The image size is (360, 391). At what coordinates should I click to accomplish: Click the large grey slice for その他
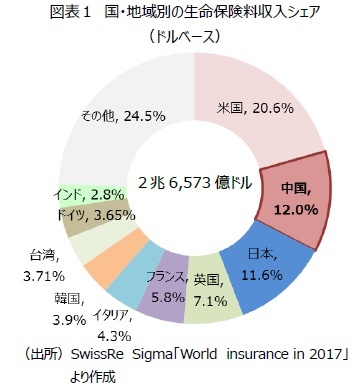110,115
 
